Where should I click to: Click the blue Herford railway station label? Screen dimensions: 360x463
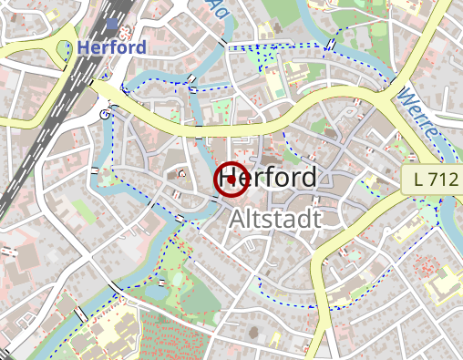click(x=113, y=47)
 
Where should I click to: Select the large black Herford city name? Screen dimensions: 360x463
click(x=269, y=177)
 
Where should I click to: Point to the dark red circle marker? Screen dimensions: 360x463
click(x=231, y=180)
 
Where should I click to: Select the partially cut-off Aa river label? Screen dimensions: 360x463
click(x=219, y=8)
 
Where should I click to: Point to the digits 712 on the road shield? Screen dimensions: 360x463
click(x=441, y=180)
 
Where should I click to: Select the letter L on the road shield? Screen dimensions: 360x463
click(x=418, y=180)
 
